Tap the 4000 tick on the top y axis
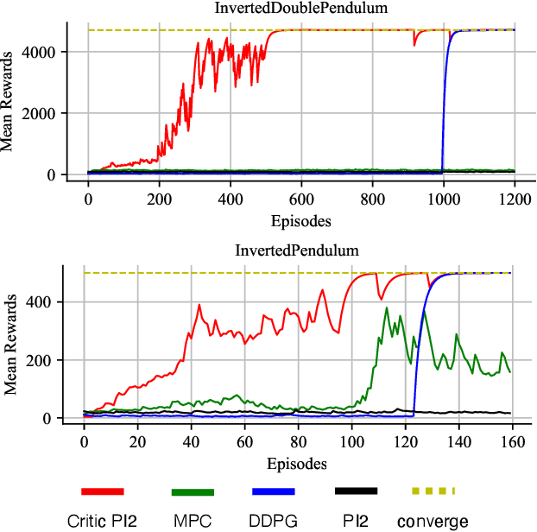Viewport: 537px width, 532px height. coord(49,52)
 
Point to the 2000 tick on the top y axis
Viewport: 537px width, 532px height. coord(49,113)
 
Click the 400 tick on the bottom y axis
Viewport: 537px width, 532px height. coord(55,302)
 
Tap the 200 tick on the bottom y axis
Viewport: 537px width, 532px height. coord(55,360)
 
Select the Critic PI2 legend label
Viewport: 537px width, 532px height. coord(103,521)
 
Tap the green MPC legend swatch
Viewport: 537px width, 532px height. coord(193,491)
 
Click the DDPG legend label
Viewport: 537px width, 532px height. coord(274,521)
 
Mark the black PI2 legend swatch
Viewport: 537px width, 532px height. coord(356,491)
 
